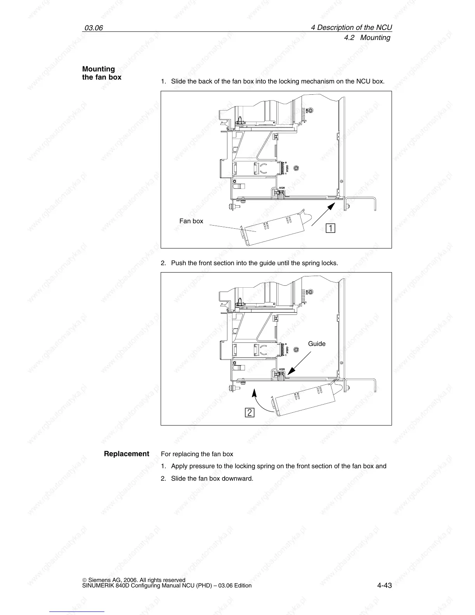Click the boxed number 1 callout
tap(330, 228)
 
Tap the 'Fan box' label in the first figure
tap(191, 221)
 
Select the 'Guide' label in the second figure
tap(317, 344)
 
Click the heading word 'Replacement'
tap(127, 453)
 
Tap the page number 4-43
tap(384, 585)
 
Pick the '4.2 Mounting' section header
tap(367, 38)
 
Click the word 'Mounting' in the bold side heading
tap(99, 69)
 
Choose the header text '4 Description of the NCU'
tap(352, 28)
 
